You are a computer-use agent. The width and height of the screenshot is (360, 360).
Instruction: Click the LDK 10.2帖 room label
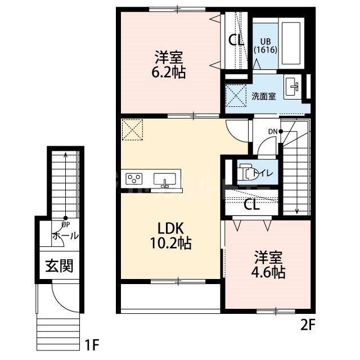click(170, 236)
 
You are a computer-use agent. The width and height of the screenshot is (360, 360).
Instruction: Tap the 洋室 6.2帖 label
click(169, 65)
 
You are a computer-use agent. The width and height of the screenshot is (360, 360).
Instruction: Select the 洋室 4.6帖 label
click(268, 265)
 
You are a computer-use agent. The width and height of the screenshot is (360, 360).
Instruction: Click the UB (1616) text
click(265, 46)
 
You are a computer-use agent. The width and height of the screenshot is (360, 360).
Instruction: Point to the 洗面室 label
click(264, 96)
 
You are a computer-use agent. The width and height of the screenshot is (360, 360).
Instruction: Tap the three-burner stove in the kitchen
click(134, 179)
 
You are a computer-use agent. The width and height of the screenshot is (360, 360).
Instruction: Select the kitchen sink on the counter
click(165, 179)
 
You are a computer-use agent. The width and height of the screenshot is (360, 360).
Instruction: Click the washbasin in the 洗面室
click(292, 87)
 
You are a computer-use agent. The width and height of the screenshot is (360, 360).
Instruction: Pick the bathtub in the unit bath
click(291, 43)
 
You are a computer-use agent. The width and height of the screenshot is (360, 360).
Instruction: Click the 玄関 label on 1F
click(59, 266)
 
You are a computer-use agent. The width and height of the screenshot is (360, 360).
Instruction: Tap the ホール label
click(65, 236)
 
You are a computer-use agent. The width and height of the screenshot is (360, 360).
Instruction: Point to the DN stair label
click(273, 132)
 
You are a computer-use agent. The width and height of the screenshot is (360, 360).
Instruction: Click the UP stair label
click(66, 224)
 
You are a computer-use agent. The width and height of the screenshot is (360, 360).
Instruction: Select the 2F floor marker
click(307, 325)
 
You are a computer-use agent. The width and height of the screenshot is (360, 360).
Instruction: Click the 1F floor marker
click(92, 345)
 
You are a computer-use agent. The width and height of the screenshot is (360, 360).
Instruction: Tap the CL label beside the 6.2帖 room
click(236, 40)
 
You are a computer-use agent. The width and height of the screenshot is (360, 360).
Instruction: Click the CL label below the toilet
click(251, 205)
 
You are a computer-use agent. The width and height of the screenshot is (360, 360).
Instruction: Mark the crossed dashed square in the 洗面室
click(236, 96)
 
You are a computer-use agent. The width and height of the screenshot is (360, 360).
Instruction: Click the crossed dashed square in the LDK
click(132, 129)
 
